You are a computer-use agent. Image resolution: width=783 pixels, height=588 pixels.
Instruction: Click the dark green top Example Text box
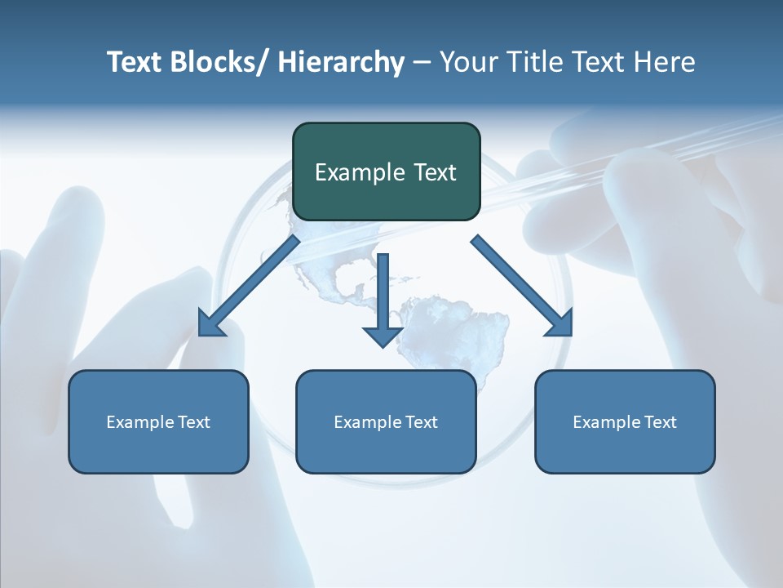coord(386,171)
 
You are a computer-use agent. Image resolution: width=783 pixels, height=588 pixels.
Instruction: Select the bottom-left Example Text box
coord(158,421)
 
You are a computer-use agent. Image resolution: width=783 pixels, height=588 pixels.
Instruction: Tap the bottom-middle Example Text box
coord(386,421)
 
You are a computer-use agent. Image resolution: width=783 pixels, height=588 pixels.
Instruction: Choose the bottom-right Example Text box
coord(625,421)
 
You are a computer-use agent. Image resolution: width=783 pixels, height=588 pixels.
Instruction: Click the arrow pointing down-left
coord(249,286)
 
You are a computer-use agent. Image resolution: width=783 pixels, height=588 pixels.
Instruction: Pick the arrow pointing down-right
coord(522,286)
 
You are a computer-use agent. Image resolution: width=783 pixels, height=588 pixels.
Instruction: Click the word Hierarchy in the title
coord(341,62)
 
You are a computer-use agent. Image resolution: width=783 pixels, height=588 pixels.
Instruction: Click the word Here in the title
coord(666,62)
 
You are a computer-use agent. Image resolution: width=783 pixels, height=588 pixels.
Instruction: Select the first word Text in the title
coord(134,62)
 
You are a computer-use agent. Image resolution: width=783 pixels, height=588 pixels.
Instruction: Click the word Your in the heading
coord(468,62)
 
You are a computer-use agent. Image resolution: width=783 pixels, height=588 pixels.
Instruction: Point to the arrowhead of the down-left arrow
coord(210,325)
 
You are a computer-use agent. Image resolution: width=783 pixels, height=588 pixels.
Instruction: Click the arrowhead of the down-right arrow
coord(561,324)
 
